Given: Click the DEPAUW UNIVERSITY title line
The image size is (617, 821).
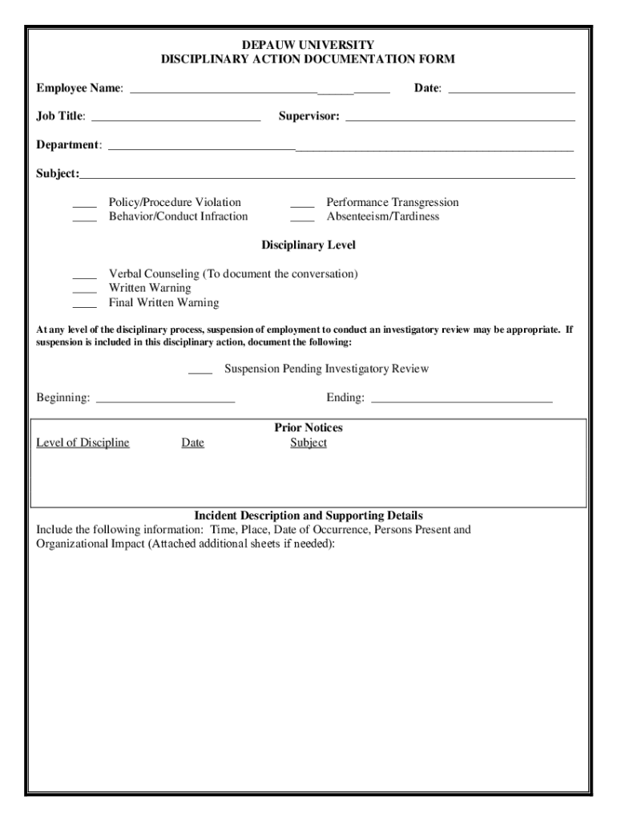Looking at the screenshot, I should click(x=308, y=45).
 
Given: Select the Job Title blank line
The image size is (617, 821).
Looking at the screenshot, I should click(x=176, y=119).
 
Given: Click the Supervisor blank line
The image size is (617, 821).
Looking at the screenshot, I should click(x=460, y=119).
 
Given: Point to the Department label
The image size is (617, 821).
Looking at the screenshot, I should click(x=69, y=145).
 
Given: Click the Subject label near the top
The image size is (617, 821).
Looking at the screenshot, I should click(x=57, y=174).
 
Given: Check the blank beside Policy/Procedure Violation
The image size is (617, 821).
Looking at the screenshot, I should click(x=84, y=204).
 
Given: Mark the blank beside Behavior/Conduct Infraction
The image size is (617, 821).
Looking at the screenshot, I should click(x=84, y=219).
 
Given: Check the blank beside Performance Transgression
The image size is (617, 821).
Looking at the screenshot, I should click(x=302, y=204).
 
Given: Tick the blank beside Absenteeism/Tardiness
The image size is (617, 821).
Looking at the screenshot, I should click(x=302, y=219).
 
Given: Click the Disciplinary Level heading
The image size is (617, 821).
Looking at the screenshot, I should click(x=308, y=245).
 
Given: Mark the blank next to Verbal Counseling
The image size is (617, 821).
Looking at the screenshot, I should click(x=84, y=277).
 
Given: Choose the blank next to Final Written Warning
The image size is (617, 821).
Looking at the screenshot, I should click(x=84, y=305).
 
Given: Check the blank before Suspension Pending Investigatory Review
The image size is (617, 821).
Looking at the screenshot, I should click(x=200, y=371).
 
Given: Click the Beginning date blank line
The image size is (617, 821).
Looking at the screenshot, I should click(x=164, y=399).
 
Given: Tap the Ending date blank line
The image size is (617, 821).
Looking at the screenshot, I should click(x=462, y=399).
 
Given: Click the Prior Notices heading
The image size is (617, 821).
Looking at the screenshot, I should click(x=308, y=428).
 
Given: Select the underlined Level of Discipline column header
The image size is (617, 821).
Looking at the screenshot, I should click(x=83, y=443).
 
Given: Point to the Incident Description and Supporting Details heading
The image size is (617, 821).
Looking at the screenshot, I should click(x=308, y=516).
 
